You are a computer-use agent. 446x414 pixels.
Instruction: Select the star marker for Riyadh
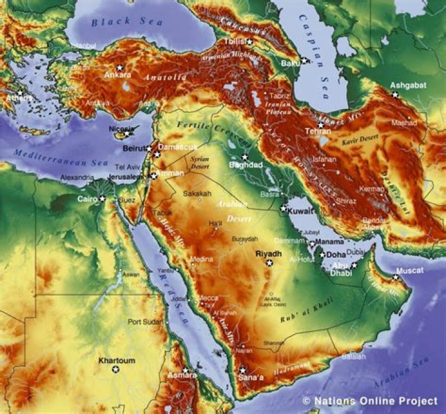[269, 263]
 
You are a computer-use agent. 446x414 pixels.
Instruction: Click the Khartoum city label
[116, 360]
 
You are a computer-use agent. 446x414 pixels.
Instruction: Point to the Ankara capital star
[120, 67]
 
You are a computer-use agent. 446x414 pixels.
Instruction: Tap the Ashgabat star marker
[395, 94]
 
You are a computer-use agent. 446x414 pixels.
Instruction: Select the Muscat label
[410, 270]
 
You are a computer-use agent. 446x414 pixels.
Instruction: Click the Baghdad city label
[246, 165]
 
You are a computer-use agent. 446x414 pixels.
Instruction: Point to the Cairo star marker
[102, 198]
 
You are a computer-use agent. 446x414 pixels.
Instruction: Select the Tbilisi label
[234, 42]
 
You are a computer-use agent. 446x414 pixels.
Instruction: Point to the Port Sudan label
[146, 322]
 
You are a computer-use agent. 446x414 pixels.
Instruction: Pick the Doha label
[336, 255]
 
